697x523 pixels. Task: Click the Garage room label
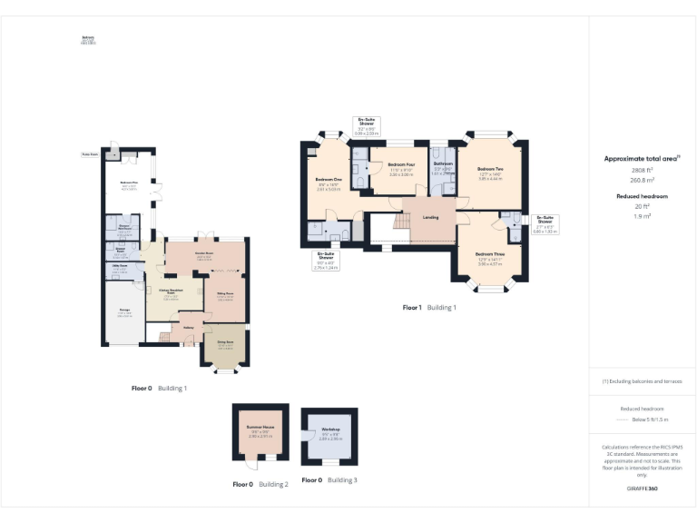click(x=123, y=311)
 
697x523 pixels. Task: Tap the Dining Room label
click(x=225, y=343)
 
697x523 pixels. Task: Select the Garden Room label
click(x=204, y=253)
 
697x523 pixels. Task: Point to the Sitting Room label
click(x=225, y=293)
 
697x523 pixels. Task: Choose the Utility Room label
click(x=119, y=266)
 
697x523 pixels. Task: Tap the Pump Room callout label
click(x=90, y=154)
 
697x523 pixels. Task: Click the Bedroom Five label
click(x=128, y=183)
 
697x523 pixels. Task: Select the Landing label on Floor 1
click(x=432, y=216)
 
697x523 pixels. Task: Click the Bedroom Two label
click(x=490, y=169)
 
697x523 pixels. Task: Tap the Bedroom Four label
click(x=400, y=167)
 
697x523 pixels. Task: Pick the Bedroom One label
click(x=328, y=180)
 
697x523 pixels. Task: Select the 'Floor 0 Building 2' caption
click(x=260, y=484)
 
